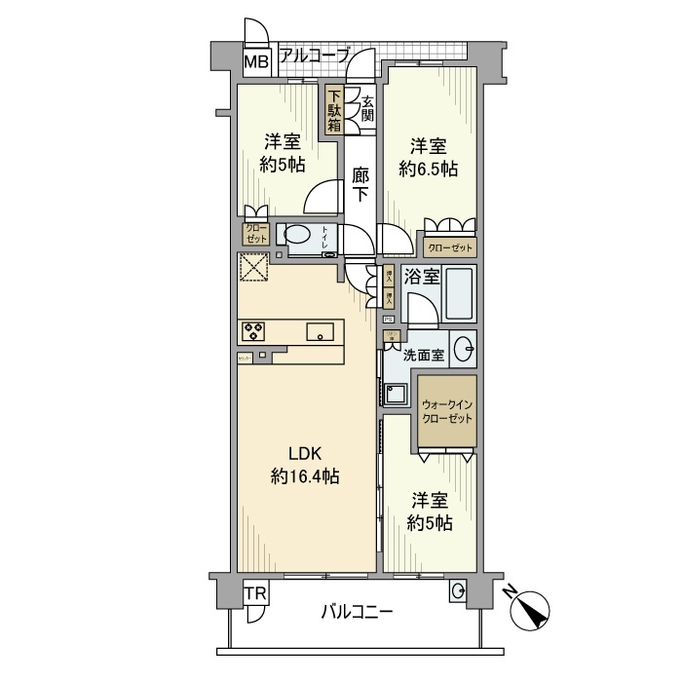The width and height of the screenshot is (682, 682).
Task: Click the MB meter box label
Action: (x=255, y=63)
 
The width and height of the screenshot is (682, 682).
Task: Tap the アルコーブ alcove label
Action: (x=314, y=57)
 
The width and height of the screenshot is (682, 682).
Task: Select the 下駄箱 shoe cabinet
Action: (x=334, y=110)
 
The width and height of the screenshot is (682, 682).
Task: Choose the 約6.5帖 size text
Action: (x=429, y=169)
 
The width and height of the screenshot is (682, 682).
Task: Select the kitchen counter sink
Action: (x=322, y=331)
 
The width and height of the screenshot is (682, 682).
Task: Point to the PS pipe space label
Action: (x=388, y=319)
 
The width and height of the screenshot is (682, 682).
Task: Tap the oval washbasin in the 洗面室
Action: (x=466, y=347)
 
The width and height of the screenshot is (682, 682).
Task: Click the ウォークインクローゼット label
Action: (x=448, y=410)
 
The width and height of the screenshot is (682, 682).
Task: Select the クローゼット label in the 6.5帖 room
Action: (x=449, y=246)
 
